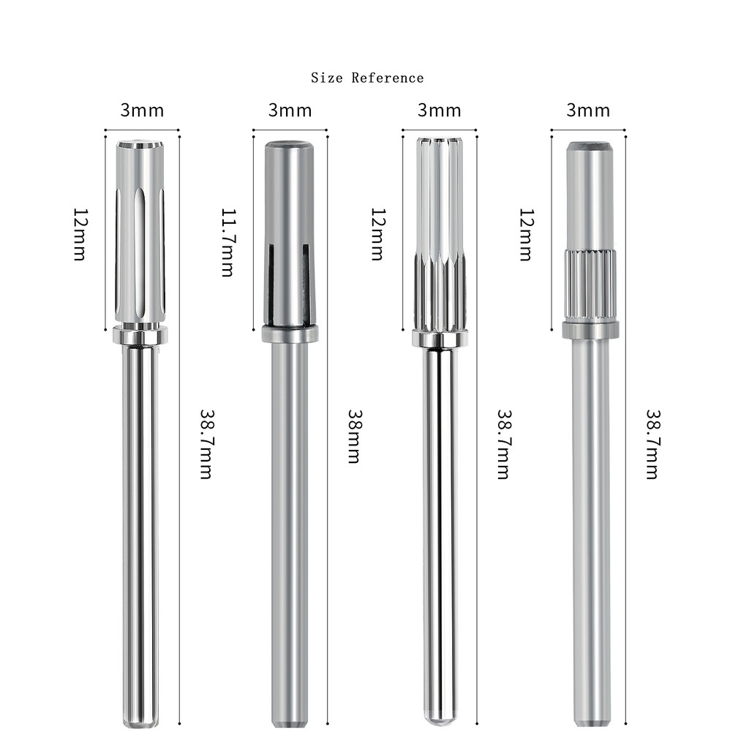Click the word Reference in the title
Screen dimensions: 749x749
coord(388,78)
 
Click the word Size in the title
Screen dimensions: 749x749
coord(327,78)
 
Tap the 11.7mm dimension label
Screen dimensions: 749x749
coord(228,242)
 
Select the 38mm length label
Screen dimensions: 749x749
coord(355,436)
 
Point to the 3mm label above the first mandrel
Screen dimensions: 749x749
coord(142,110)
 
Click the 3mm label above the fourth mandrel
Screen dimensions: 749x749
coord(588,110)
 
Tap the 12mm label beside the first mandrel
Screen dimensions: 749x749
coord(80,234)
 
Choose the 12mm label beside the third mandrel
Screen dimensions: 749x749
coord(378,234)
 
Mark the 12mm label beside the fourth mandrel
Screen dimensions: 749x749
coord(527,234)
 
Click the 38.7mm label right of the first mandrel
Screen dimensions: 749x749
coord(206,444)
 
